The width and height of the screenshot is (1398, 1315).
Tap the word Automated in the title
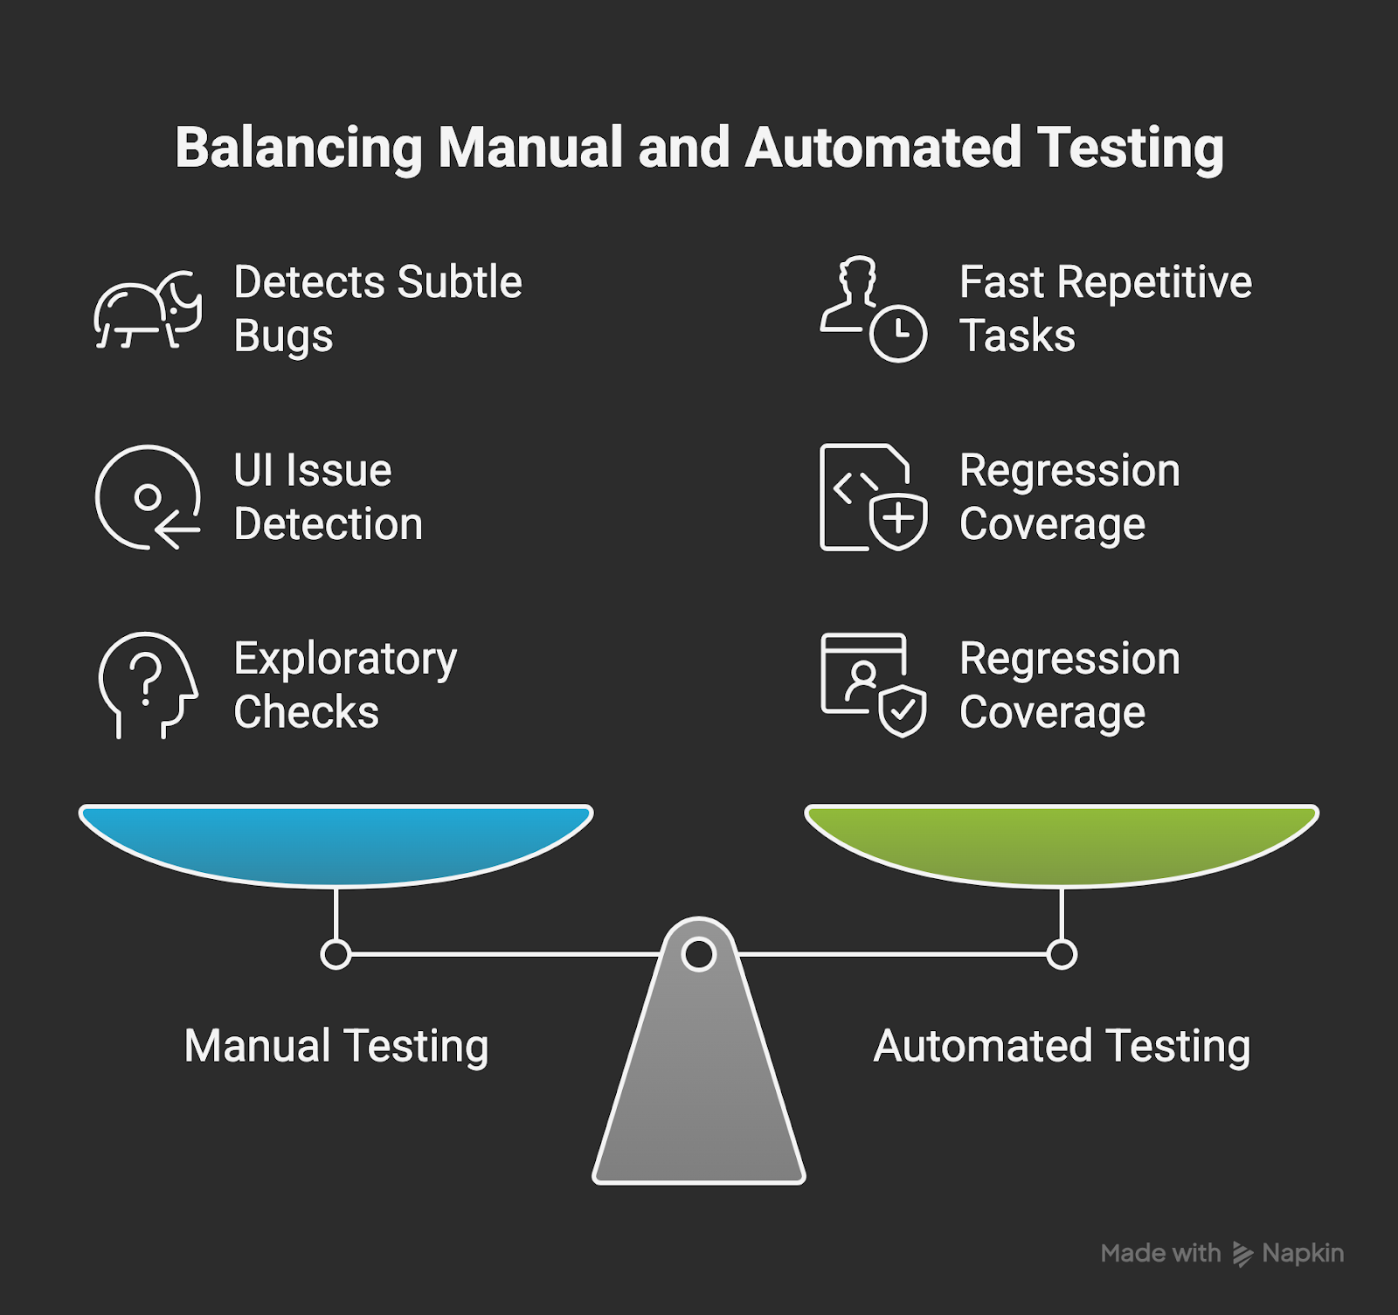(x=882, y=148)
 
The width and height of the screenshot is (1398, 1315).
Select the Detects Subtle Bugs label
(x=377, y=308)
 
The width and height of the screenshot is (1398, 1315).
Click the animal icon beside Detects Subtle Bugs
(x=148, y=311)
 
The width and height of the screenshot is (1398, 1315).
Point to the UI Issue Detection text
(x=328, y=497)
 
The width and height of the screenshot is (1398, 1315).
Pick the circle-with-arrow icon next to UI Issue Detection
(x=148, y=497)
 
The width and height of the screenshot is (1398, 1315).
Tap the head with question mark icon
(x=148, y=685)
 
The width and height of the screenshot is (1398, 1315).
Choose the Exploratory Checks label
(x=345, y=685)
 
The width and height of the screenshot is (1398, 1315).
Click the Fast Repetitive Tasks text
(x=1105, y=308)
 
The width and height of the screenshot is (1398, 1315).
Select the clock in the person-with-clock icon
(x=898, y=334)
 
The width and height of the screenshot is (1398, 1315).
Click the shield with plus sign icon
(x=898, y=521)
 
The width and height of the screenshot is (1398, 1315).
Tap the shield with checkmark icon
(x=902, y=710)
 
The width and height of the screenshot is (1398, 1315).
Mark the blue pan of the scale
(x=336, y=841)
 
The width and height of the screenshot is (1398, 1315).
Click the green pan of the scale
(x=1062, y=841)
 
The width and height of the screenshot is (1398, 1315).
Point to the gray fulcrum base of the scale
(x=699, y=1092)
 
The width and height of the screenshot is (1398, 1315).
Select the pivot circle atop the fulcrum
(x=699, y=954)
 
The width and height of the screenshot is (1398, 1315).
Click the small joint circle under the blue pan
(x=336, y=954)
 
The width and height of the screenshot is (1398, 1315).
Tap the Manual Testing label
(x=336, y=1046)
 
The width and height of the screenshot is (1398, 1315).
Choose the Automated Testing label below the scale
(x=1062, y=1046)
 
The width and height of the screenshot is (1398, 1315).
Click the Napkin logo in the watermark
(x=1242, y=1254)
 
